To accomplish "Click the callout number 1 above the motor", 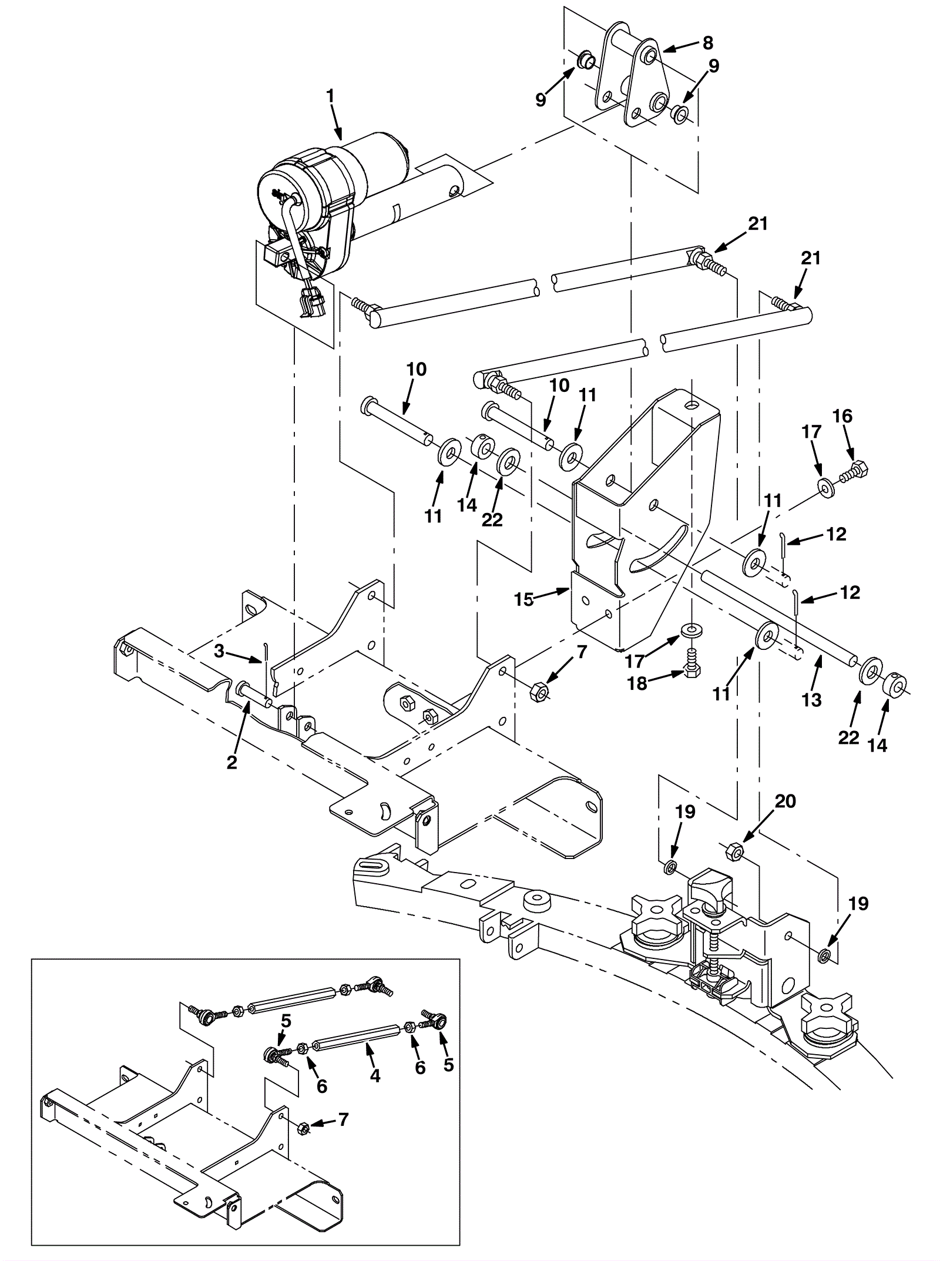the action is click(330, 96).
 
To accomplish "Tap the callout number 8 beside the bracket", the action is click(707, 43).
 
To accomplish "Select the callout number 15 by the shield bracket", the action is click(524, 599).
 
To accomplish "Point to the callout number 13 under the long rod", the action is click(812, 700).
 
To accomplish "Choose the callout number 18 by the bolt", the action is click(638, 683).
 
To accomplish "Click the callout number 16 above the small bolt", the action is click(842, 416).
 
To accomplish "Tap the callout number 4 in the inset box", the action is click(375, 1076).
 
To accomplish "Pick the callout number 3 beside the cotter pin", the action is click(219, 651).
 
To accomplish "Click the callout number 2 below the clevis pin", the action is click(232, 763).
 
